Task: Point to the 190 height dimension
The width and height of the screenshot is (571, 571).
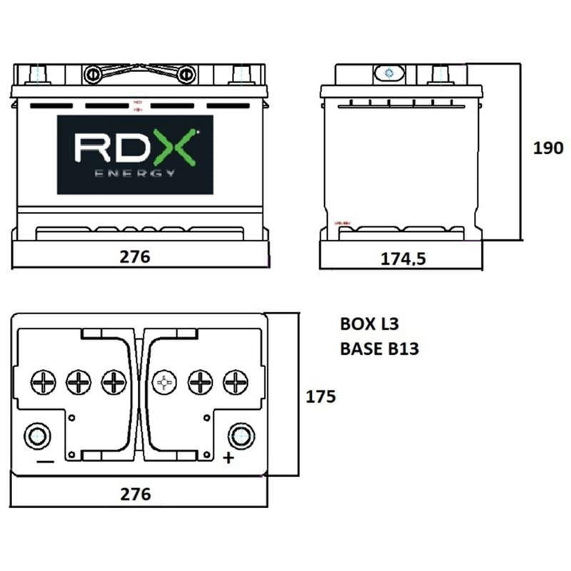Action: coord(548,148)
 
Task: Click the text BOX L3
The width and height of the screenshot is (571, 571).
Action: coord(369,324)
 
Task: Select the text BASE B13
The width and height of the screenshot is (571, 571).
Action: coord(379,349)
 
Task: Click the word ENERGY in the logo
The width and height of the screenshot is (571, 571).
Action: coord(135,173)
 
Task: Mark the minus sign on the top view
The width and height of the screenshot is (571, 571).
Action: coord(44,462)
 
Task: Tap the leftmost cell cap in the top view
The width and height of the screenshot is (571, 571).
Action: coord(43,383)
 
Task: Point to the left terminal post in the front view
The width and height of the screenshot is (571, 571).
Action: coord(40,74)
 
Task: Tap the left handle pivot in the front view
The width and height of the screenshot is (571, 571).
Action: coord(92,74)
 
